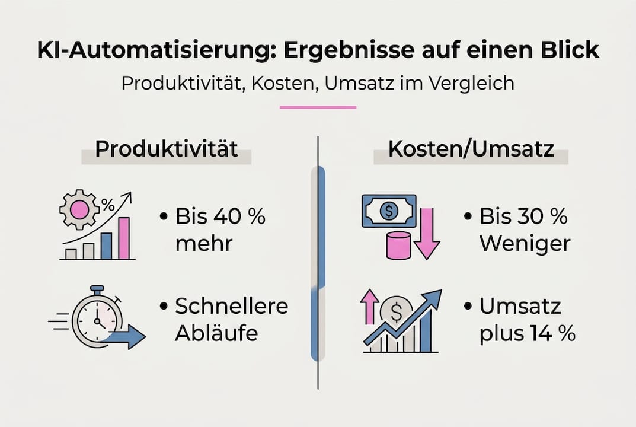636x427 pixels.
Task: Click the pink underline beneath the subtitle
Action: (318, 107)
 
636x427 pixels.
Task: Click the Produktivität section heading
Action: (166, 149)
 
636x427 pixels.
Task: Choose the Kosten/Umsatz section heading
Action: (471, 149)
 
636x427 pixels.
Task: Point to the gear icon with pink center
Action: (79, 210)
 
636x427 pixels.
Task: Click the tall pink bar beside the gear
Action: (124, 238)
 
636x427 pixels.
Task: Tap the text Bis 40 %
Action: (220, 216)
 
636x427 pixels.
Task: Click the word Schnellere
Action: (231, 306)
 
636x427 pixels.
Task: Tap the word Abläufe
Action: (216, 333)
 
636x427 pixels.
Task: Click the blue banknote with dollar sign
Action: (388, 211)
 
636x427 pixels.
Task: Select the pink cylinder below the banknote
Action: (398, 246)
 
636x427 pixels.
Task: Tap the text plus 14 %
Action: (527, 333)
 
